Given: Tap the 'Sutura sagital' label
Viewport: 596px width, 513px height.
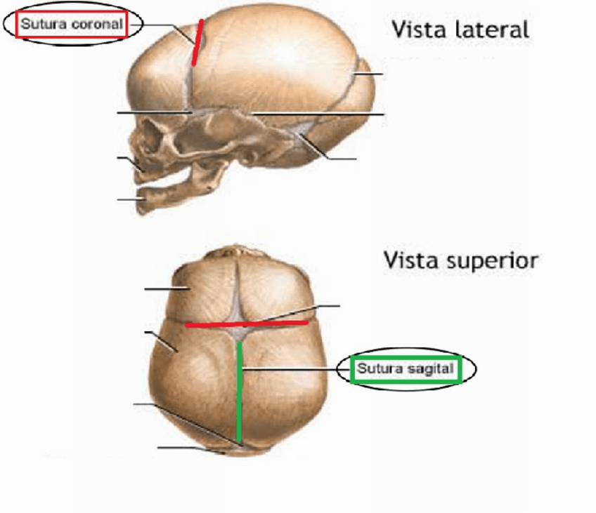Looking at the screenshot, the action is pyautogui.click(x=406, y=368).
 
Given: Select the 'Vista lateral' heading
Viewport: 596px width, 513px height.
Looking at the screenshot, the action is pyautogui.click(x=460, y=29).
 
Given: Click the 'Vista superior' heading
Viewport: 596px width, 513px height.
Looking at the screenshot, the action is pyautogui.click(x=460, y=261).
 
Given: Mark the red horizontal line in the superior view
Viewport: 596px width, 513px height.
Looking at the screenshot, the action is pyautogui.click(x=246, y=324).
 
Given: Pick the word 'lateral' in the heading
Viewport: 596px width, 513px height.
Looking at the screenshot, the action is pyautogui.click(x=491, y=29).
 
